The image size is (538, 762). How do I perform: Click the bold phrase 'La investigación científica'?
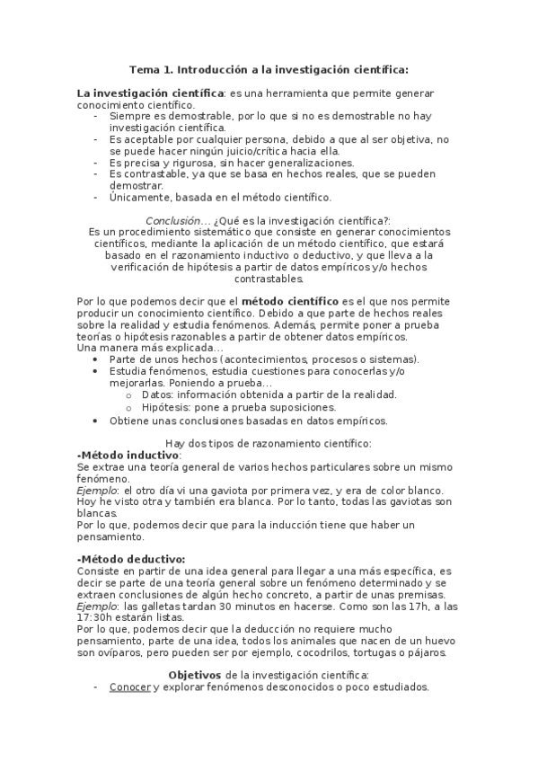(x=150, y=93)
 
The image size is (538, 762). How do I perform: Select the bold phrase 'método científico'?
(x=290, y=299)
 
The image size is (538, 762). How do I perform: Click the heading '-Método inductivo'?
(x=128, y=456)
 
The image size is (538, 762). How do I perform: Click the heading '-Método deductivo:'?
(x=131, y=560)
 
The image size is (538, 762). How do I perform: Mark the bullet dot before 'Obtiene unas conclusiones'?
(x=95, y=421)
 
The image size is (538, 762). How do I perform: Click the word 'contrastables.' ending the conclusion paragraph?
(x=268, y=279)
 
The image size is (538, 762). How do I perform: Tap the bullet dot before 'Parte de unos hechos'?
(x=95, y=359)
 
